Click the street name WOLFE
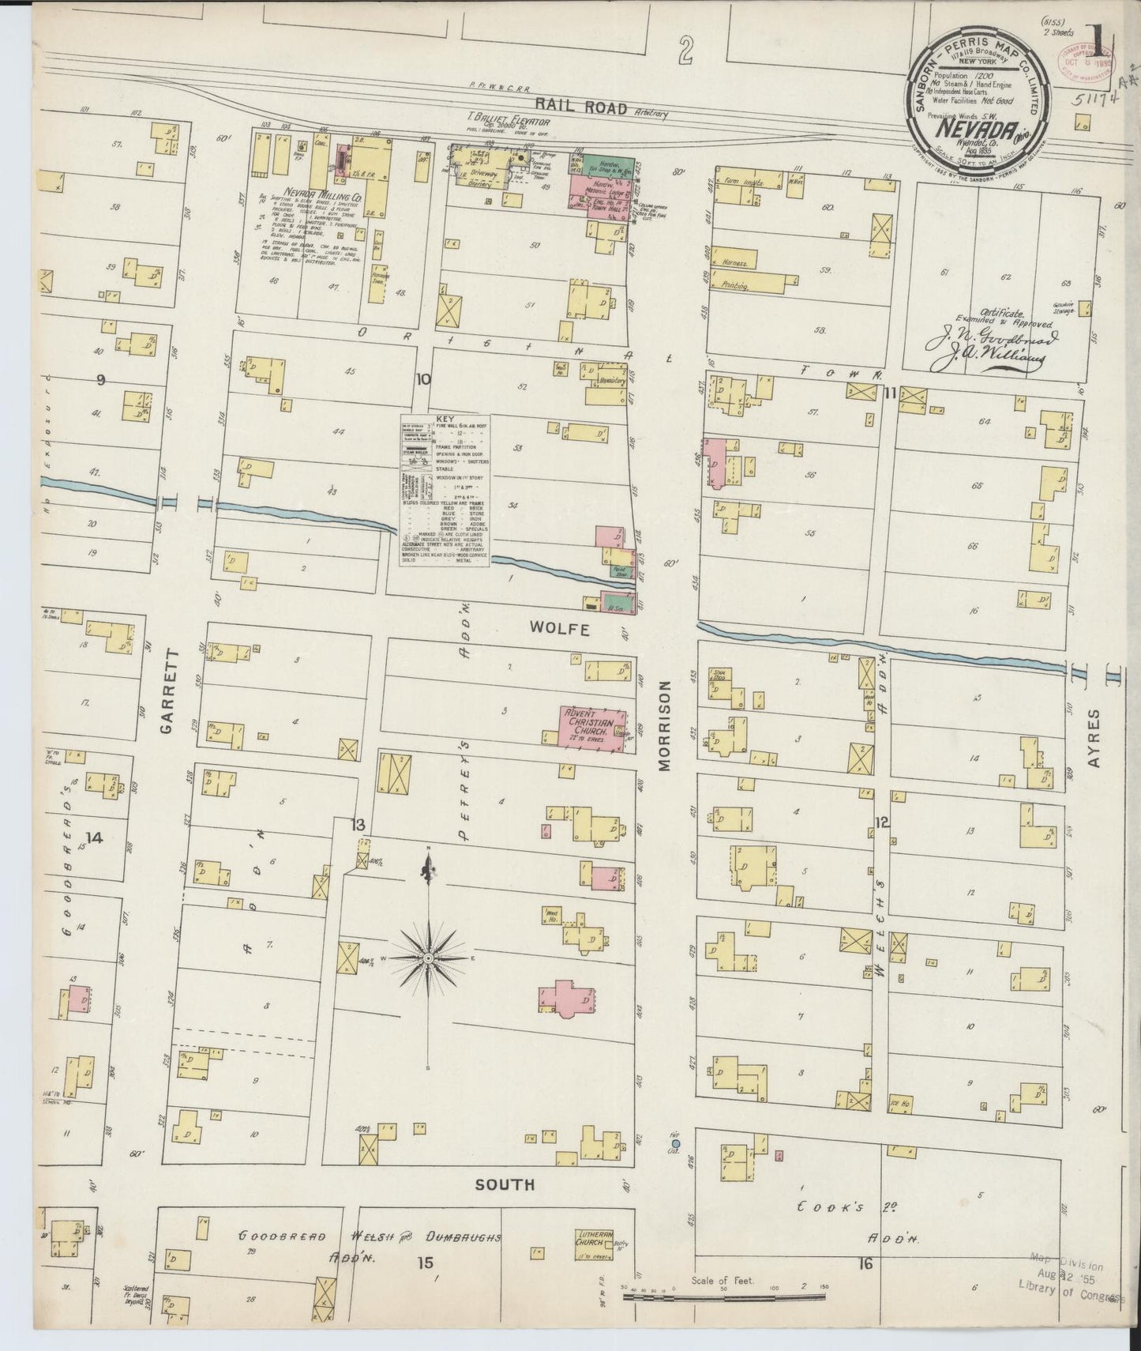pos(560,629)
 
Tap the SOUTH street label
pos(505,1184)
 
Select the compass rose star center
pos(427,958)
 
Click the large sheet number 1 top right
pos(1094,37)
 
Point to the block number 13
pos(358,825)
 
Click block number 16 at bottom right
pos(865,1264)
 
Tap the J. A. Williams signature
pos(988,361)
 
